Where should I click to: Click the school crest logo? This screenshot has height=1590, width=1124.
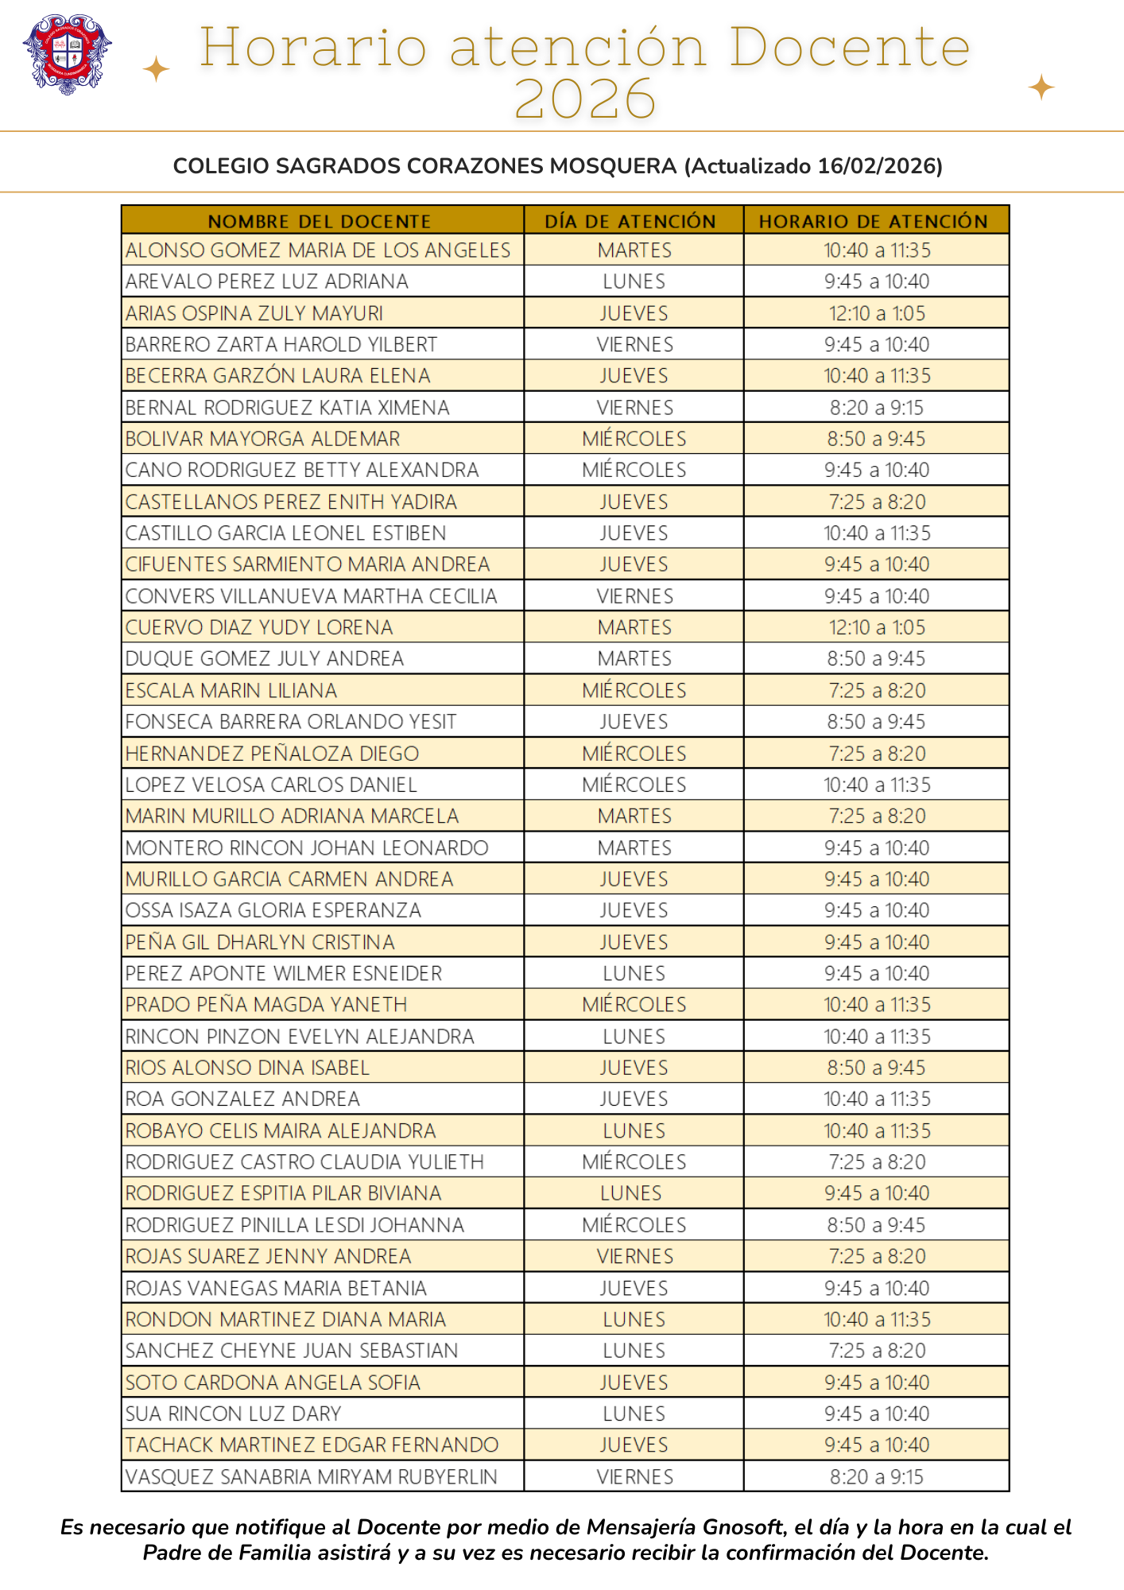tap(68, 54)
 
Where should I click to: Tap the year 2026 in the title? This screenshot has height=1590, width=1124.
tap(585, 100)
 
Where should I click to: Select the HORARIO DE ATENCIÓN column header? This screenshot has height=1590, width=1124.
tap(874, 221)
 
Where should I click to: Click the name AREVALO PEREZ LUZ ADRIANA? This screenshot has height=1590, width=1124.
tap(267, 281)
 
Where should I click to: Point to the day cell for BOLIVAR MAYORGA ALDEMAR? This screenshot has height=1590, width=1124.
tap(634, 439)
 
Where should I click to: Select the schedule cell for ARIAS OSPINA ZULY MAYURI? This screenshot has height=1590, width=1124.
tap(877, 313)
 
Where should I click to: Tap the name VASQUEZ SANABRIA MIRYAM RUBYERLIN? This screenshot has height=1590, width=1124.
tap(312, 1477)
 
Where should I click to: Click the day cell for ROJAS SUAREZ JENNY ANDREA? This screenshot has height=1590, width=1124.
tap(634, 1257)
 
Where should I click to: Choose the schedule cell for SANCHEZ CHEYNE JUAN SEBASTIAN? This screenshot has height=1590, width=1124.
tap(877, 1351)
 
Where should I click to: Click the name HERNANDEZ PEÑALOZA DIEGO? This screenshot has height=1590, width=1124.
tap(272, 754)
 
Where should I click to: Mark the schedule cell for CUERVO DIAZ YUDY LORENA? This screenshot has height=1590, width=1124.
tap(877, 627)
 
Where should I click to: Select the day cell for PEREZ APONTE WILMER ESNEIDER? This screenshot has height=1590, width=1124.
tap(634, 973)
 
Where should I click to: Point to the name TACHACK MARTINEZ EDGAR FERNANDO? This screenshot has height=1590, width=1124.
tap(312, 1445)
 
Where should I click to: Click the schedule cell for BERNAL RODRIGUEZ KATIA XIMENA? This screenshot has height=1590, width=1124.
tap(877, 408)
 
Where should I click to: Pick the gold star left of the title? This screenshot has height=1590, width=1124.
tap(156, 69)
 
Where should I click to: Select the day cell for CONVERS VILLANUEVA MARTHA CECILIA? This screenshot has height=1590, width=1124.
tap(634, 596)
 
